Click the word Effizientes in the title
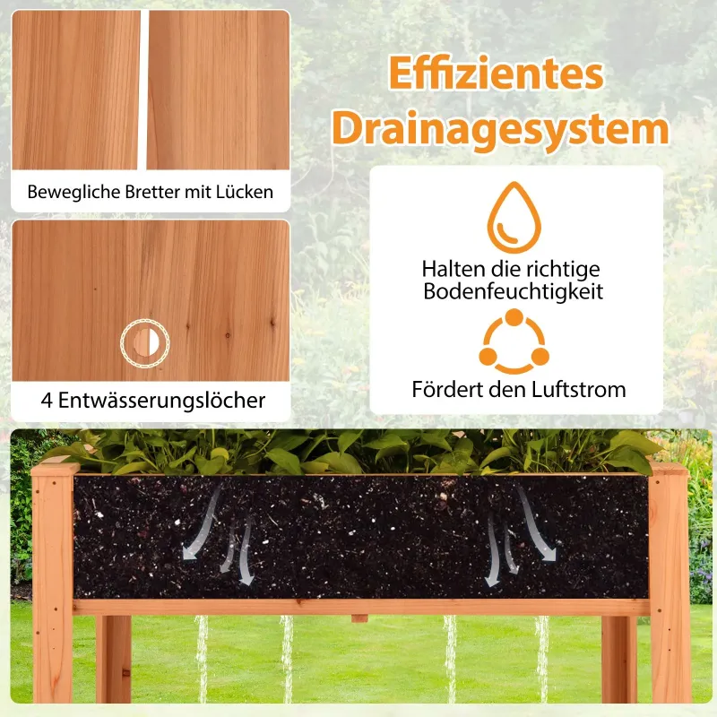coord(497,73)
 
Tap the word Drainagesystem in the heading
coord(501,128)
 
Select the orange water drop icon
coord(514,218)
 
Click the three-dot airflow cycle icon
coord(514,341)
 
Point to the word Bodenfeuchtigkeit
coord(513,291)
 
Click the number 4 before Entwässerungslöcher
coord(47,401)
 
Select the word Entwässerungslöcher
coord(161,400)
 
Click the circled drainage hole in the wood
coord(145,342)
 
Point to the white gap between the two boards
coord(143,91)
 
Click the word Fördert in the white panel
coord(442,390)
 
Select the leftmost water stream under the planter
coord(202,659)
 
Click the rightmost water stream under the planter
coord(542,659)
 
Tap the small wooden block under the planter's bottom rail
coord(359,618)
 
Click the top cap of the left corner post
coord(56,469)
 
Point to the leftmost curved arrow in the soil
coord(201,523)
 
